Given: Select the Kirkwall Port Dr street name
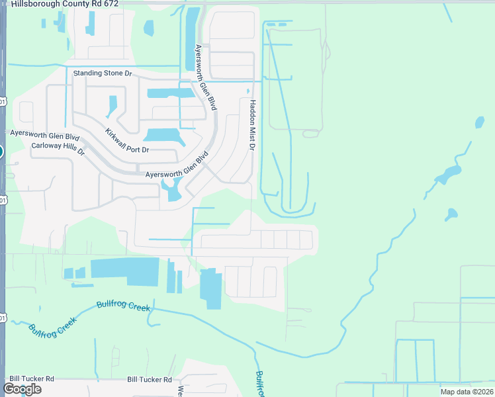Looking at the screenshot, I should click(x=128, y=140).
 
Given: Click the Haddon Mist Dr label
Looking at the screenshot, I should click(x=252, y=124).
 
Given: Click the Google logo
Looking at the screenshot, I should click(x=22, y=389).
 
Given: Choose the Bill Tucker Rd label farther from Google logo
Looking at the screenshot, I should click(x=150, y=380).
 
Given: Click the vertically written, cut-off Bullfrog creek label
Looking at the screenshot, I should click(x=259, y=384).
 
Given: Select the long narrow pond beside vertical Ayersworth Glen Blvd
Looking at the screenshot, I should click(x=192, y=40).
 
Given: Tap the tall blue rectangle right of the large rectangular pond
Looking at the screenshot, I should click(x=211, y=288).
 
